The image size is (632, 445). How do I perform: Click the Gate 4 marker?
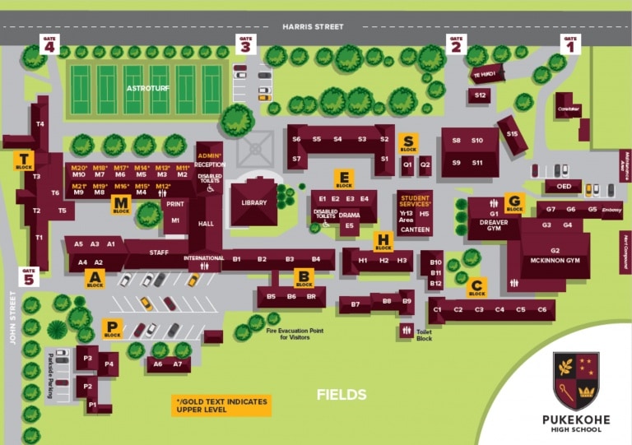[50, 44]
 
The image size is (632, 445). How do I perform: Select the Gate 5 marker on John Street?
[30, 276]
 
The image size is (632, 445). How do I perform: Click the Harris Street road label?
[313, 26]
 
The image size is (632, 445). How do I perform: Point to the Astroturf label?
[145, 87]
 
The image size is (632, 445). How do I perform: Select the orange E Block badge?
[344, 179]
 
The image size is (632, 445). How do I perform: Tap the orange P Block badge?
[113, 329]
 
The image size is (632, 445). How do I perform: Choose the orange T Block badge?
[24, 161]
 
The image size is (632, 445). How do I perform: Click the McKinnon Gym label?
[555, 261]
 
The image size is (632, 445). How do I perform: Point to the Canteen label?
[415, 229]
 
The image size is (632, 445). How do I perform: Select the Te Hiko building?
[486, 75]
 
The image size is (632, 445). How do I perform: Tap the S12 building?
[481, 95]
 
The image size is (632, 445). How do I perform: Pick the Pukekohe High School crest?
[576, 381]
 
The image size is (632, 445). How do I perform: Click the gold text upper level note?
[221, 405]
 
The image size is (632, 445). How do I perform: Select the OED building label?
[563, 187]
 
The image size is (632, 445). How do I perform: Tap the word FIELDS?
[342, 395]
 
